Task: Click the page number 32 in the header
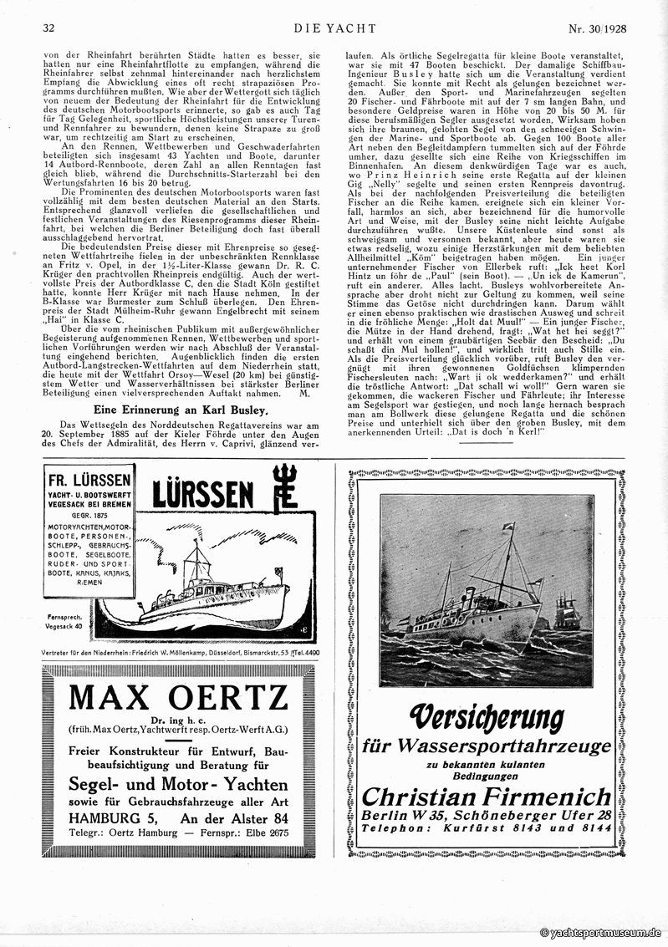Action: [x=48, y=28]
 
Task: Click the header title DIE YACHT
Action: [x=334, y=28]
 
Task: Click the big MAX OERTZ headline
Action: [x=178, y=695]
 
